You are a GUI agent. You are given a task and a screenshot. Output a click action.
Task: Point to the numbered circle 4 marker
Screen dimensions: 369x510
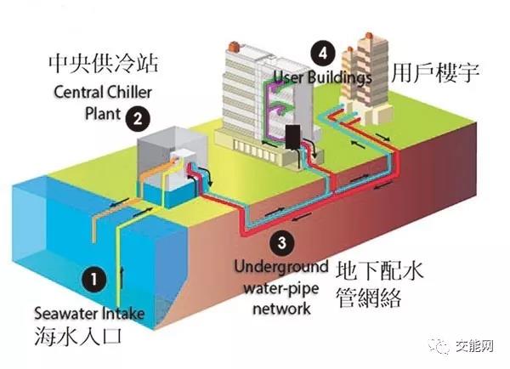click(320, 53)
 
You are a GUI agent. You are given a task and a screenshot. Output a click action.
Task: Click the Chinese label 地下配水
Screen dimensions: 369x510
click(380, 271)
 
